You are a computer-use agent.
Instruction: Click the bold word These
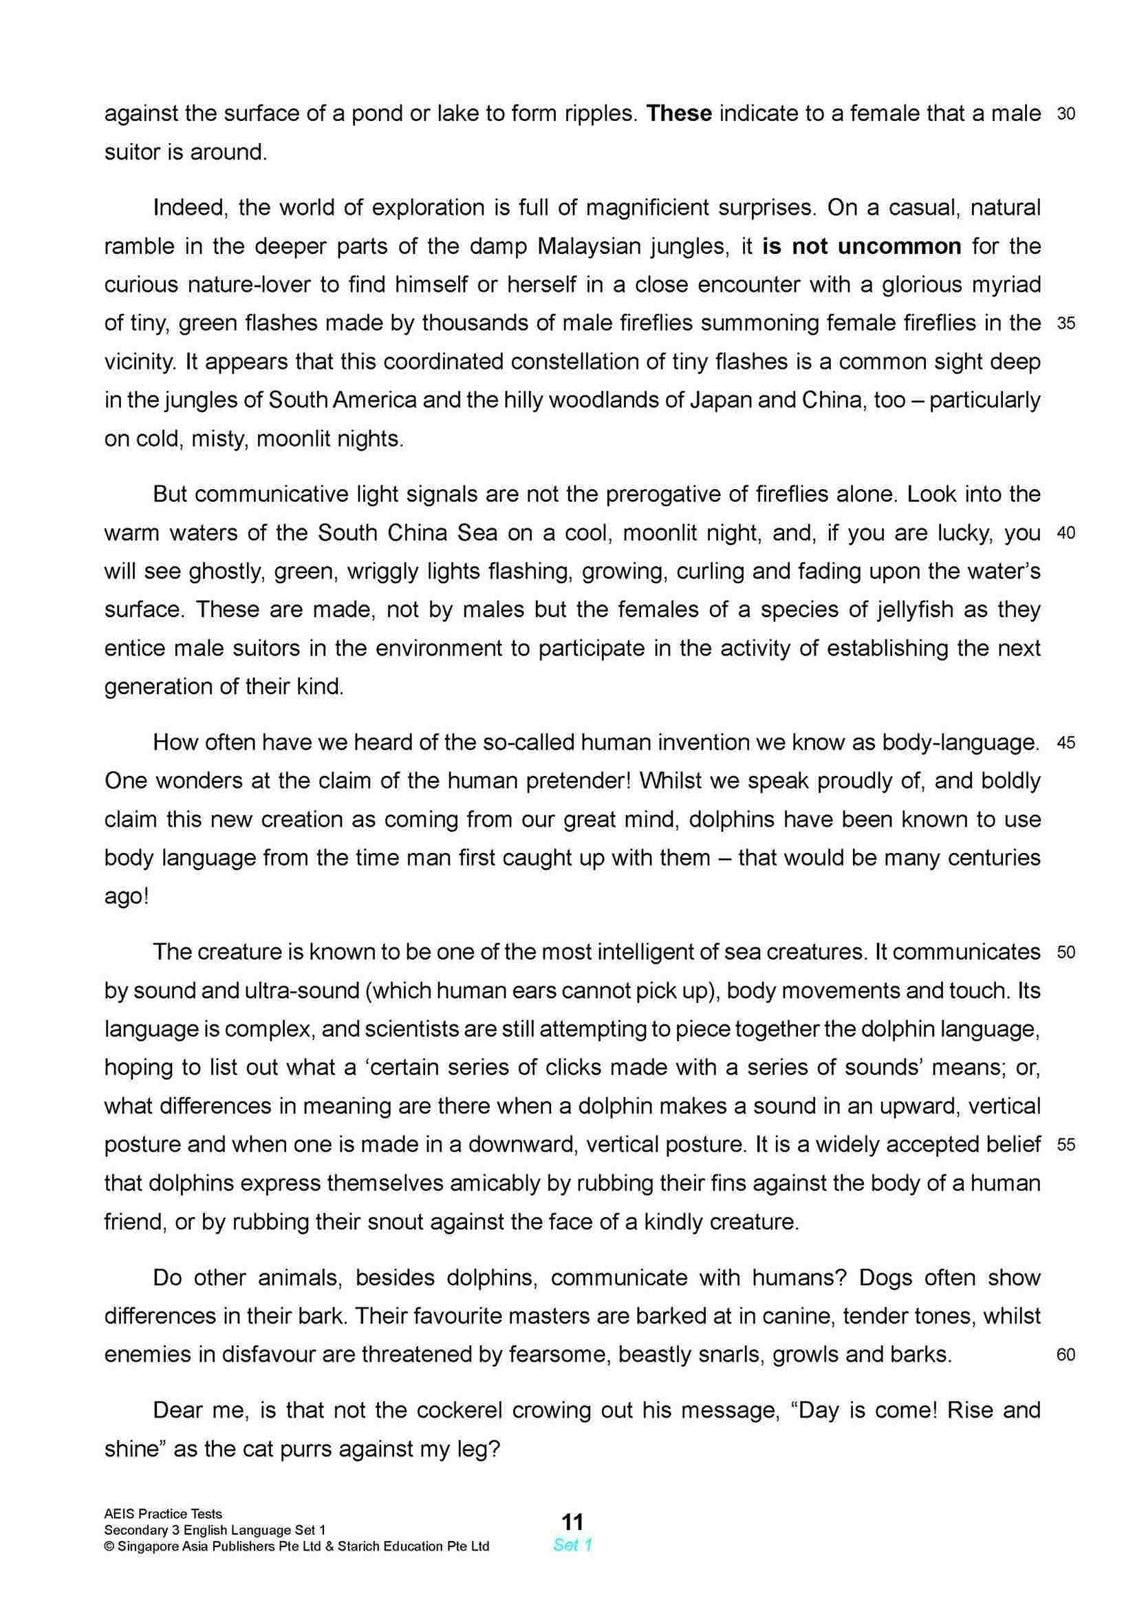(x=679, y=114)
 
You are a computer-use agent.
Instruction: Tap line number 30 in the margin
(x=1066, y=114)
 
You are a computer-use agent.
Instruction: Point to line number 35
(x=1066, y=324)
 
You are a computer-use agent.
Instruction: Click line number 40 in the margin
(x=1066, y=533)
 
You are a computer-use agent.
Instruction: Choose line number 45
(x=1066, y=743)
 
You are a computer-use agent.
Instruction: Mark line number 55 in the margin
(x=1066, y=1145)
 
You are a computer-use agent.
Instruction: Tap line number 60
(x=1066, y=1354)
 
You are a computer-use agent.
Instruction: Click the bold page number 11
(x=572, y=1521)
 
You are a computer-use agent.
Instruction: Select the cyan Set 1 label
(x=572, y=1545)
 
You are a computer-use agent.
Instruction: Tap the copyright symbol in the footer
(x=109, y=1546)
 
